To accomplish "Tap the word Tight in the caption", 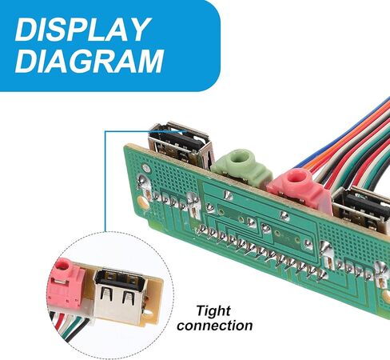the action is [x=213, y=311].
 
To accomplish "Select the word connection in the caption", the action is [x=215, y=326].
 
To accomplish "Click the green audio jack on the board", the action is [x=242, y=167].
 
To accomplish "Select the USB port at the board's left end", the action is [x=181, y=144].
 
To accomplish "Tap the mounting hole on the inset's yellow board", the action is [x=148, y=313].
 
